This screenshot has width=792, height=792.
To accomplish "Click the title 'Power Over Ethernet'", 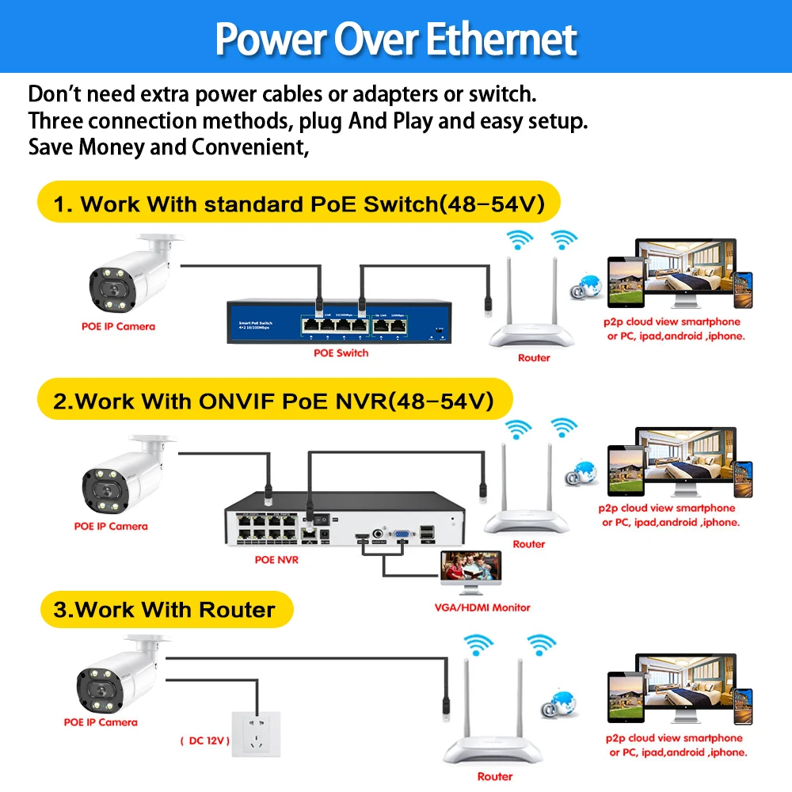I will coord(396,38).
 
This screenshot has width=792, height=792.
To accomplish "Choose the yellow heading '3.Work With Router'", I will coord(164,609).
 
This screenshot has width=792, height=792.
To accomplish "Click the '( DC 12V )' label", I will coord(204,741).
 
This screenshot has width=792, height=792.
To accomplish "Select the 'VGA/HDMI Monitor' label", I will coord(483,607).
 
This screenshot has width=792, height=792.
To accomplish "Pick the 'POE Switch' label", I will coord(341,352).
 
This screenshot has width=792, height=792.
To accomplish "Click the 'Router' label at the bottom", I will coord(495,776).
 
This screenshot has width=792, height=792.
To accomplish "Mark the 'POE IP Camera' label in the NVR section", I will coord(111,526).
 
